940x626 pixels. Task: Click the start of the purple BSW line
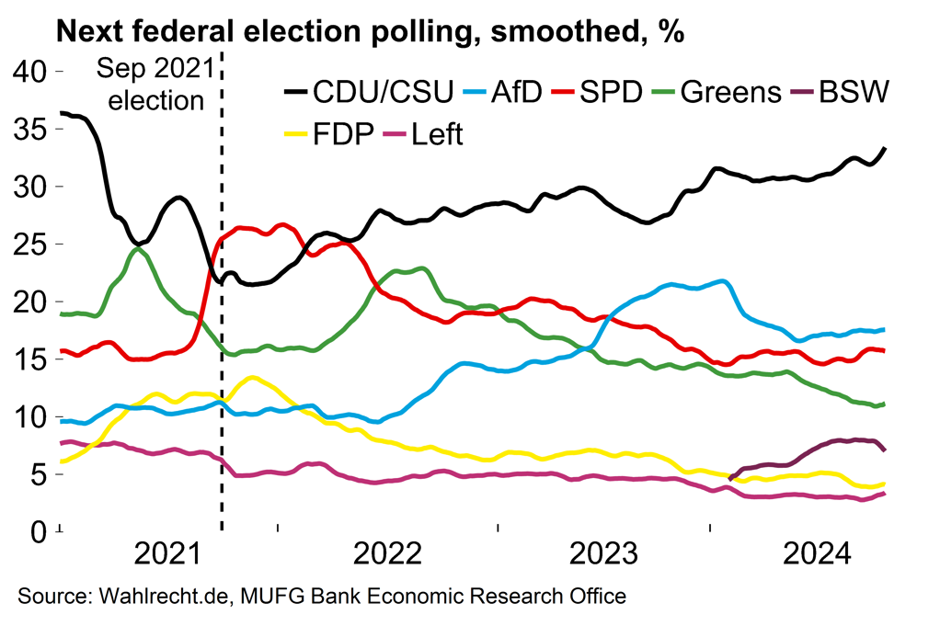730,478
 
